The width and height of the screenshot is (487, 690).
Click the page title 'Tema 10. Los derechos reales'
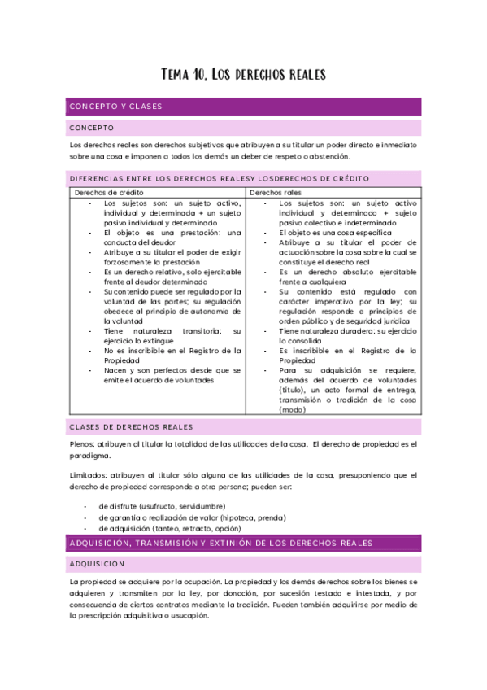click(x=243, y=75)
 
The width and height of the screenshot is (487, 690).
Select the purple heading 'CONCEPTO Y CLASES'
click(x=115, y=107)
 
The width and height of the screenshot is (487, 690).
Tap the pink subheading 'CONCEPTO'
click(x=92, y=128)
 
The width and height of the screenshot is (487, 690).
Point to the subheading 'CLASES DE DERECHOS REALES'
click(x=130, y=426)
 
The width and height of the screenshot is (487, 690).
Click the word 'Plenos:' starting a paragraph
click(x=83, y=443)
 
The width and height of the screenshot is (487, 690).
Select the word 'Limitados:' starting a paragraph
click(x=88, y=474)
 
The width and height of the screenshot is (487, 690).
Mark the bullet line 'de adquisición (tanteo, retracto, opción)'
click(x=170, y=529)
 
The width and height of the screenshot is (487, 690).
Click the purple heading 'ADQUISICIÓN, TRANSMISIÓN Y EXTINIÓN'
click(x=221, y=543)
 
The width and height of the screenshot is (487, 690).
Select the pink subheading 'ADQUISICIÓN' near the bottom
click(x=98, y=563)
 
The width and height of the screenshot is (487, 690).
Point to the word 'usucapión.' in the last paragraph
click(x=189, y=615)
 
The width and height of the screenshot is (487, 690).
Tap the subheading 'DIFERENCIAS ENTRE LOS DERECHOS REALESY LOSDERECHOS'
click(x=220, y=178)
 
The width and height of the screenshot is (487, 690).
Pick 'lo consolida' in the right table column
click(x=302, y=340)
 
